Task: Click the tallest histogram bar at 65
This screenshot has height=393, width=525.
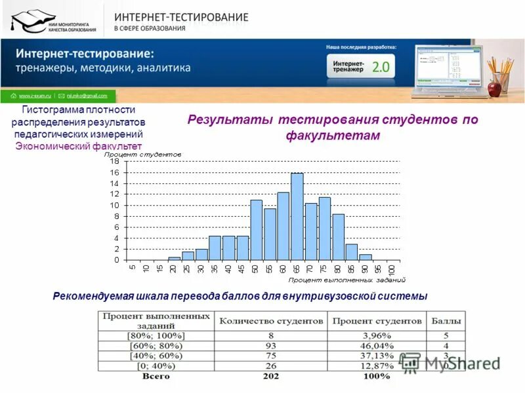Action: [x=297, y=216]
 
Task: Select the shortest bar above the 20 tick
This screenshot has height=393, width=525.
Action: [x=174, y=258]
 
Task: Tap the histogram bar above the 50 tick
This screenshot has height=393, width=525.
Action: [x=256, y=230]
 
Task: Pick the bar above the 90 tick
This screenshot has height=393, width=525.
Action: [x=366, y=257]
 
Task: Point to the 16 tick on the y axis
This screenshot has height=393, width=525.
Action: [x=114, y=172]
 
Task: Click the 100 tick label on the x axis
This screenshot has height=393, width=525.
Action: [x=392, y=269]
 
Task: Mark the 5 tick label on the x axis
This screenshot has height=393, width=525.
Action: [x=133, y=267]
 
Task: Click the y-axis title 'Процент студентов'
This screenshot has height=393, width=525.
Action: [x=142, y=155]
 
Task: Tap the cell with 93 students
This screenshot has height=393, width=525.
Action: [x=270, y=346]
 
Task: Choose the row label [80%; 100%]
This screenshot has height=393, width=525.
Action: [x=156, y=335]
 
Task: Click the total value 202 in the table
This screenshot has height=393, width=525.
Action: [x=270, y=376]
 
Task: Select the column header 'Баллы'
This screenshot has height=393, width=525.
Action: [x=446, y=321]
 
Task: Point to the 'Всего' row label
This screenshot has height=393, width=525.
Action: [x=156, y=376]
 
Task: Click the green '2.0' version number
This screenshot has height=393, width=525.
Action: [x=381, y=67]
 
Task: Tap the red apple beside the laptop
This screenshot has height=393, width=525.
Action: [x=495, y=88]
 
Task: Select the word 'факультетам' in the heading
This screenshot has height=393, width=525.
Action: [x=333, y=136]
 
